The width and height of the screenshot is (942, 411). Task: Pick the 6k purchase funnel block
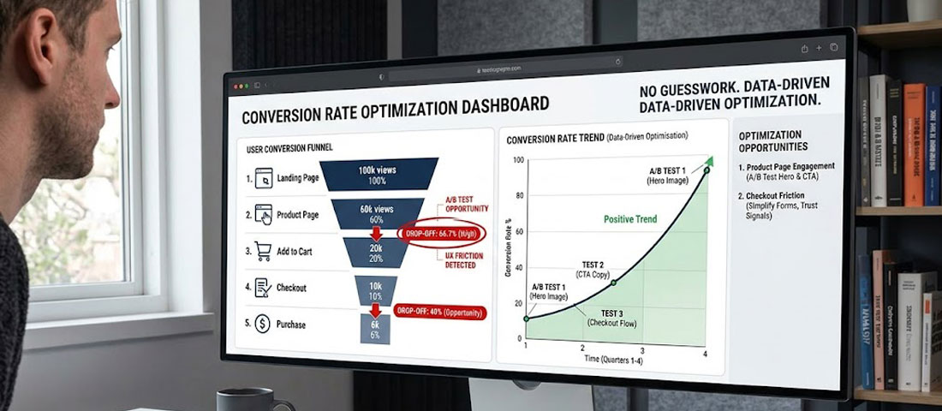374,330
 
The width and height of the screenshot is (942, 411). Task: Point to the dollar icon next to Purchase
261,325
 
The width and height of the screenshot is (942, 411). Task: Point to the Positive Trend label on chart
630,220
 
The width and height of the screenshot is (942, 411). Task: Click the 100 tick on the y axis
517,160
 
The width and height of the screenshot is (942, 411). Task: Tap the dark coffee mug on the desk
244,400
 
